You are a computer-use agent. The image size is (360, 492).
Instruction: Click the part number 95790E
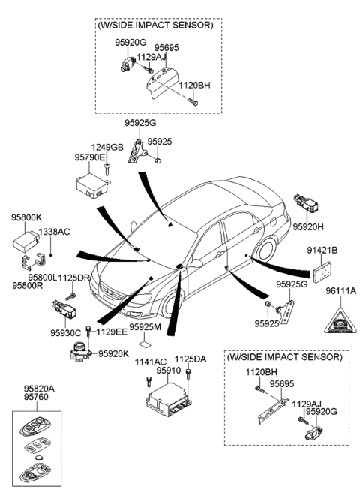90,157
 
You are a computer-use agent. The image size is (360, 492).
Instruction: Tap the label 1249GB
106,148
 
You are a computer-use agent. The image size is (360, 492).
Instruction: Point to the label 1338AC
54,232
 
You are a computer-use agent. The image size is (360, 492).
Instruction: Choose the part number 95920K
114,352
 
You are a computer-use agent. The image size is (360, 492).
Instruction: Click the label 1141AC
151,361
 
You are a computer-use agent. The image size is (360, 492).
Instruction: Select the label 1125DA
190,360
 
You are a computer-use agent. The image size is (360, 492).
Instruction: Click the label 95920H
307,225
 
